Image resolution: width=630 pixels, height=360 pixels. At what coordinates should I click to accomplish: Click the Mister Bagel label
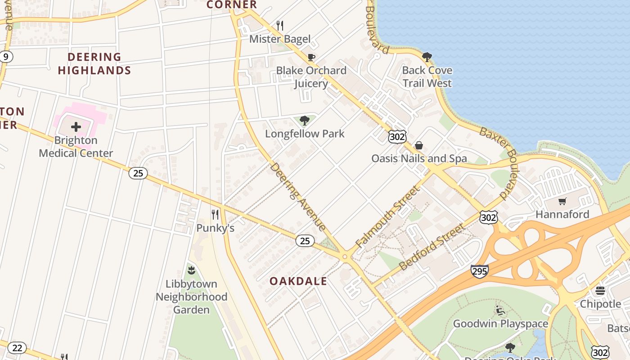280,39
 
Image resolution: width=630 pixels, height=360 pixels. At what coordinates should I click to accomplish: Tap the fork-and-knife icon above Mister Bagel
280,25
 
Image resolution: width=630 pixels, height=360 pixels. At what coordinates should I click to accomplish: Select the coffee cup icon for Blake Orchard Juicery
311,57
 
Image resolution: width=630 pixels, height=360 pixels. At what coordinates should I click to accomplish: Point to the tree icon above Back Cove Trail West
427,57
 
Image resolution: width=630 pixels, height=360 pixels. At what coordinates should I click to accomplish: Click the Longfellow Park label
305,134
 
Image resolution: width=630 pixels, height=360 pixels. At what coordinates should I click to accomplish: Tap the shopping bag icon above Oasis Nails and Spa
419,145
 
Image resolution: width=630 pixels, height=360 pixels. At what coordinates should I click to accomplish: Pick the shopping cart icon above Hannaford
562,201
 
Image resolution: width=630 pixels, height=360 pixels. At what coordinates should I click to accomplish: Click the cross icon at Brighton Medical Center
76,127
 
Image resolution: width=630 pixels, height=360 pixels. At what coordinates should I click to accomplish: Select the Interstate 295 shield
479,271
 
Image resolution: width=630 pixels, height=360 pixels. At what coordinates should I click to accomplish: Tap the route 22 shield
17,348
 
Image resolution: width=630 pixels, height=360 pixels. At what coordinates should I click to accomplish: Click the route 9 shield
6,57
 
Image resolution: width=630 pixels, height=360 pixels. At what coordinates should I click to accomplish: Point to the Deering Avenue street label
297,197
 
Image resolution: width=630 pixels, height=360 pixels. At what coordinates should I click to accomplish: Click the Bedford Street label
432,247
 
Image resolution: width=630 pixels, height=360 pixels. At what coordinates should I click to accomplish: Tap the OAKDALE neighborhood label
298,281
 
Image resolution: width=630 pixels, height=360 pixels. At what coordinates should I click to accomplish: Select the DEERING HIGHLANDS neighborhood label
94,63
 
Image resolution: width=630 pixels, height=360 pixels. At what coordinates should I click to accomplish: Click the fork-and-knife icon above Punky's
215,215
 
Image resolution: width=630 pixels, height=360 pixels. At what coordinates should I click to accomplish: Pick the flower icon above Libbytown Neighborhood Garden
191,270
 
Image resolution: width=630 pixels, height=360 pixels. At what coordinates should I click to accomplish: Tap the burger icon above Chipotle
600,291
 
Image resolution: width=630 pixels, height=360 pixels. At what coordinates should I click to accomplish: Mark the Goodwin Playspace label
500,324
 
